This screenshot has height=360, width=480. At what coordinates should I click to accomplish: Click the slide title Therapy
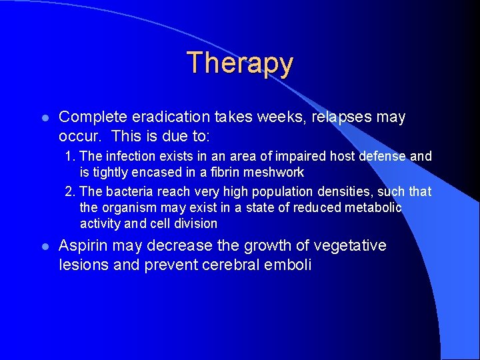(239, 63)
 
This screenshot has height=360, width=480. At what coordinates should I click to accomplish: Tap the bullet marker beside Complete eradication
(43, 118)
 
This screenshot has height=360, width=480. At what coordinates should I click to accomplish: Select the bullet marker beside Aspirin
(43, 247)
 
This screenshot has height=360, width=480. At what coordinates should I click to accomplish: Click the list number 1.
(69, 157)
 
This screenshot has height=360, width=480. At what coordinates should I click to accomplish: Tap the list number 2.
(69, 192)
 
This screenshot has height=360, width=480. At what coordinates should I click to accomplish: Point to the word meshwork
(274, 173)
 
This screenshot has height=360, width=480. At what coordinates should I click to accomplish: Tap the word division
(194, 224)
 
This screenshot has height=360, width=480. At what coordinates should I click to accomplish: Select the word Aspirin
(83, 246)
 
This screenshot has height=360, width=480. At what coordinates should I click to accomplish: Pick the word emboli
(289, 265)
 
